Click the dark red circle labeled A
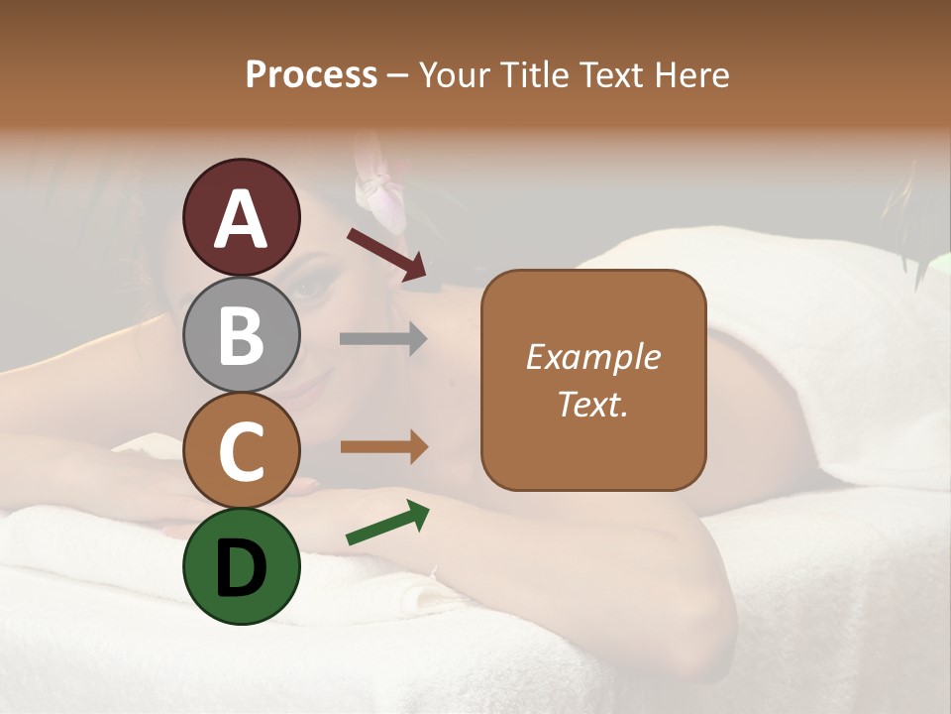coord(242,217)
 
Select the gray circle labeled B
coord(242,334)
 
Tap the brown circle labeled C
coord(242,450)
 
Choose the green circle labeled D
coord(242,566)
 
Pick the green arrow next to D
coord(387,524)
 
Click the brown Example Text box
coord(593,380)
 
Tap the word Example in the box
coord(593,357)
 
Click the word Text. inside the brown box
coord(593,404)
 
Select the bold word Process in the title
coord(311,74)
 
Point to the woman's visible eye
coord(310,289)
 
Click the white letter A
coord(242,219)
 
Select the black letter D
coord(242,567)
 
